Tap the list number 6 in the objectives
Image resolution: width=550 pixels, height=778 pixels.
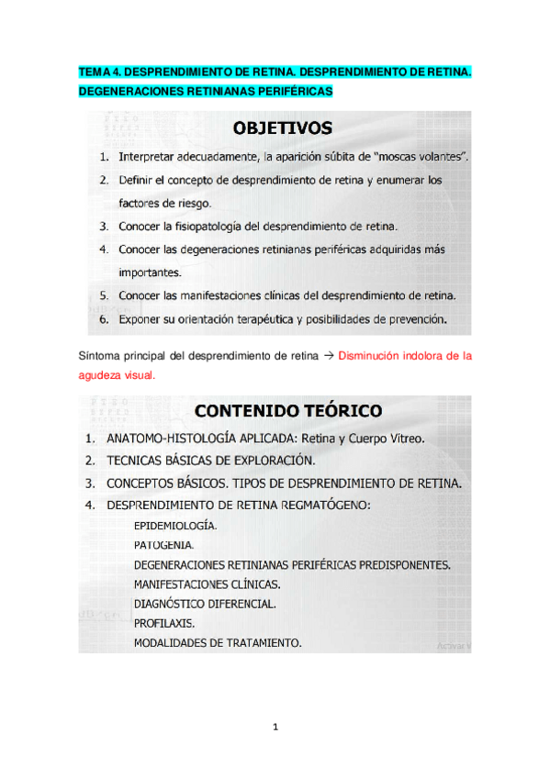click(104, 320)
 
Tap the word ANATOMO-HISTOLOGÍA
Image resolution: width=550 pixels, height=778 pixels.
click(171, 439)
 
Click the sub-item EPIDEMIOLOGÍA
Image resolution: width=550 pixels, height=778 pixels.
click(175, 527)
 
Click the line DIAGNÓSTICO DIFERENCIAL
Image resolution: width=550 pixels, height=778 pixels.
click(204, 604)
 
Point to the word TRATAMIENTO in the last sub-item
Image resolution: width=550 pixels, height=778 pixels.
click(267, 642)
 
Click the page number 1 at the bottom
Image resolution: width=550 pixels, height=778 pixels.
click(275, 728)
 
